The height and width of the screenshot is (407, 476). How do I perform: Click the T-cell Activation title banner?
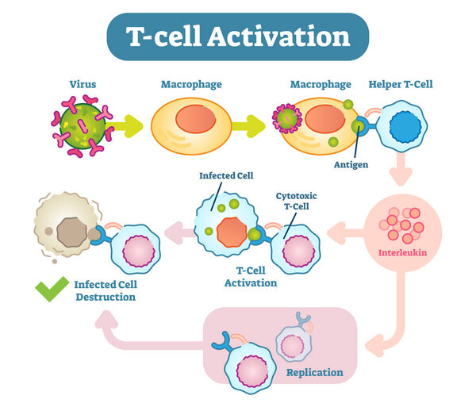pyautogui.click(x=238, y=37)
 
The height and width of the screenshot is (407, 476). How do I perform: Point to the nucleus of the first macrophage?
pyautogui.click(x=194, y=121)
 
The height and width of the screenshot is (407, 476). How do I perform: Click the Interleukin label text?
pyautogui.click(x=405, y=255)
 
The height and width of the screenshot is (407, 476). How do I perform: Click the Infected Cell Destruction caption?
pyautogui.click(x=104, y=291)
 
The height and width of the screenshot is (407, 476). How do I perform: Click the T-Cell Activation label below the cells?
pyautogui.click(x=251, y=276)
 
